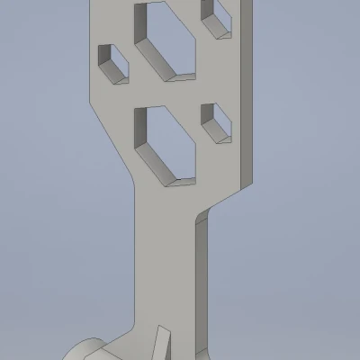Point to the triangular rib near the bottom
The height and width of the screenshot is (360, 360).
(163, 344)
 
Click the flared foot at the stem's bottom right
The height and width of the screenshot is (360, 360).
(200, 346)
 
